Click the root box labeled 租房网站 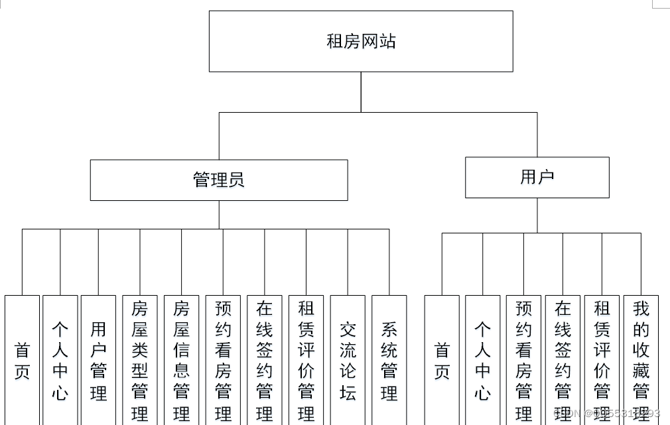coord(361,41)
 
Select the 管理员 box coord(219,180)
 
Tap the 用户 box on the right coord(537,177)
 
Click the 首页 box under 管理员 coord(22,360)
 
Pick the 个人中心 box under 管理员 coord(60,360)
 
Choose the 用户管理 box coord(98,360)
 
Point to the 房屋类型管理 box coord(140,360)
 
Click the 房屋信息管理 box coord(181,360)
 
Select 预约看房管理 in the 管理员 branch coord(223,360)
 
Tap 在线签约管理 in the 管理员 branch coord(265,360)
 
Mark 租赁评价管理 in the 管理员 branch coord(306,360)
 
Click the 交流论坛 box coord(348,360)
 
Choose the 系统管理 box coord(389,360)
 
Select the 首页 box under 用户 coord(442,360)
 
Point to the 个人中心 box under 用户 coord(482,360)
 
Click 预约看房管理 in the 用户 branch coord(523,360)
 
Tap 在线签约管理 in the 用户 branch coord(563,360)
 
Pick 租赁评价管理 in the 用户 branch coord(602,360)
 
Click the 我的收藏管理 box coord(641,360)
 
